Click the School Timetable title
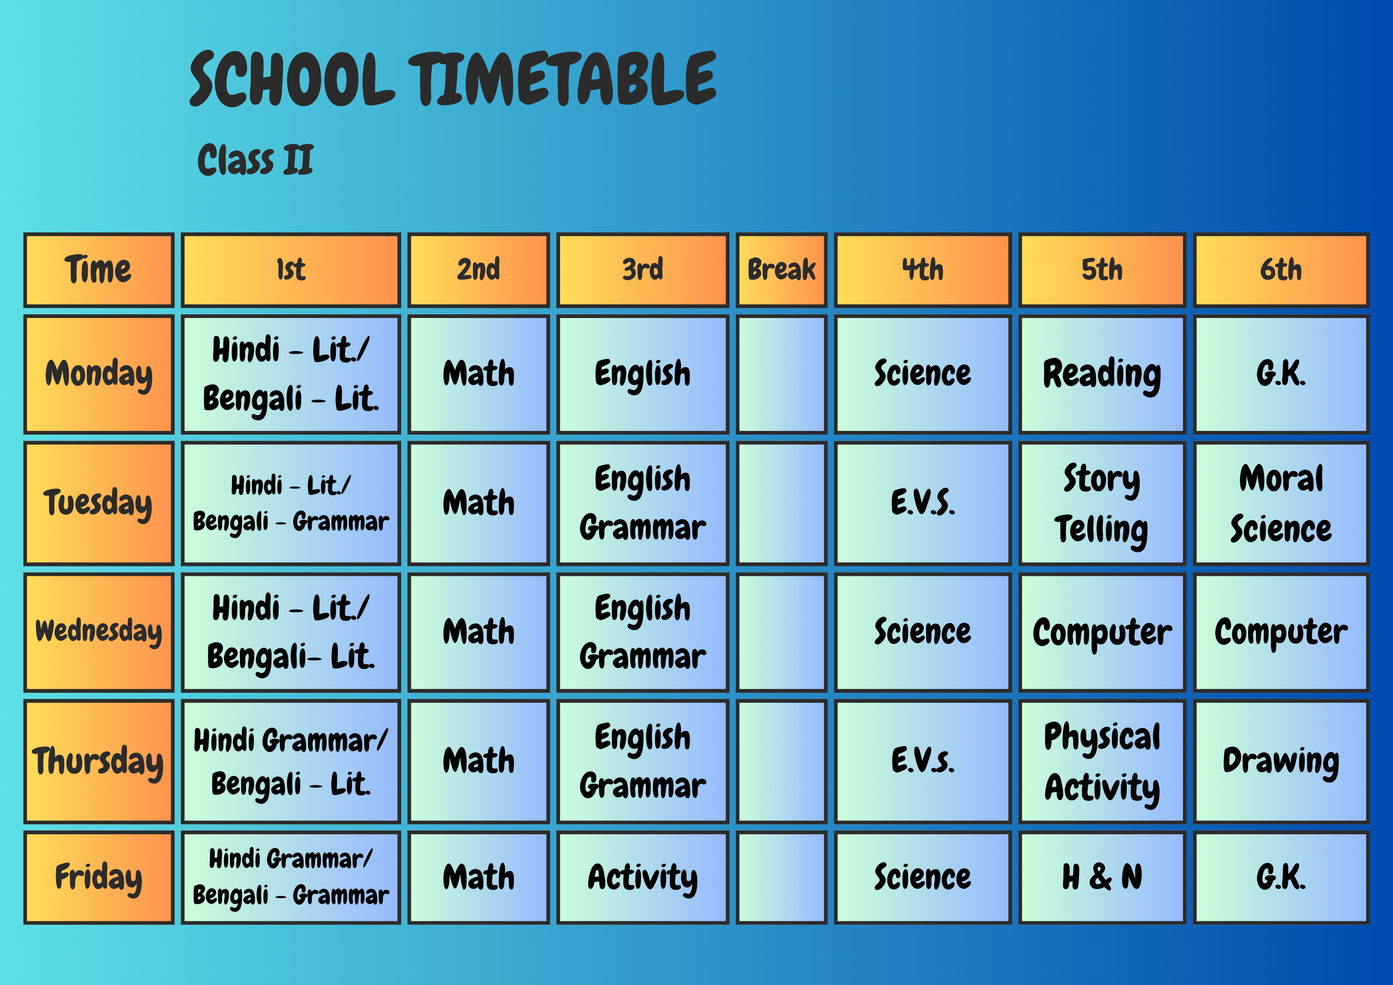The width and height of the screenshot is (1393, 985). tap(453, 79)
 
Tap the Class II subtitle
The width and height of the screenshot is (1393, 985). tap(256, 160)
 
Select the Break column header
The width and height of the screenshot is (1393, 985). tap(781, 270)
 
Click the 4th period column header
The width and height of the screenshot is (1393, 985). tap(922, 270)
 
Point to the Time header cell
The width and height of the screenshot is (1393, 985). tap(99, 270)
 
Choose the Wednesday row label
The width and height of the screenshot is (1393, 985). tap(99, 632)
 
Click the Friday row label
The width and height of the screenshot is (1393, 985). tap(99, 878)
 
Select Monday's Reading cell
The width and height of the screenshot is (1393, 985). tap(1102, 374)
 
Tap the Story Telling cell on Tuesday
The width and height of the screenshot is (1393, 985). tap(1102, 503)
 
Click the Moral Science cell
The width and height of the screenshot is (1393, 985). tap(1281, 503)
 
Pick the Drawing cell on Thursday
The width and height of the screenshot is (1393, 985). tap(1281, 761)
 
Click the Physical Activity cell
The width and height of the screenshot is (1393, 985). tap(1102, 761)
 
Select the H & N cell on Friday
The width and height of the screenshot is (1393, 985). tap(1102, 878)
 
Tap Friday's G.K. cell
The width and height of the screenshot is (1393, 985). tap(1281, 878)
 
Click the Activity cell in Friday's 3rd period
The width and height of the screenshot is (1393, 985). tap(642, 878)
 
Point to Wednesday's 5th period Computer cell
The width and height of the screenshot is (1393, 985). tap(1102, 632)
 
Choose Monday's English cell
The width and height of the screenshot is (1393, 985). tap(642, 374)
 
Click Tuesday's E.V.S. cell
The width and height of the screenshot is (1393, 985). tap(922, 503)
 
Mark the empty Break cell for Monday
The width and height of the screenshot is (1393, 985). tap(781, 374)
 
